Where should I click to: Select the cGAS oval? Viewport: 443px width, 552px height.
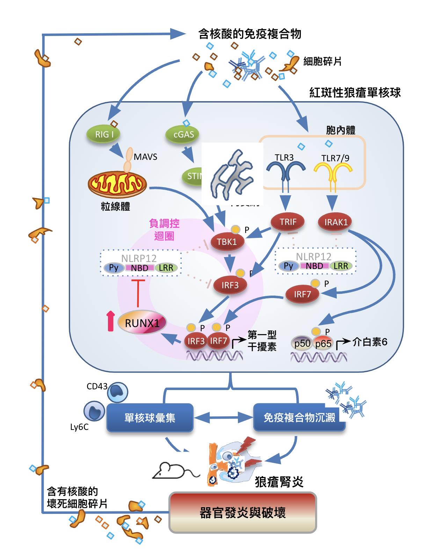click(183, 134)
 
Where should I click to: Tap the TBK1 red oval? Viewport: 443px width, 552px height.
click(227, 242)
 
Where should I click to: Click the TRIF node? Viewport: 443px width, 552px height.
click(288, 222)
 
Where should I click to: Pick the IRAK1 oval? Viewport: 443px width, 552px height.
click(336, 222)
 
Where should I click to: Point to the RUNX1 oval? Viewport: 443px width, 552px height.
click(142, 323)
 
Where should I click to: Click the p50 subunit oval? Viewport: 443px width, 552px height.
click(302, 343)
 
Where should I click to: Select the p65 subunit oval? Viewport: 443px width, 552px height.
click(323, 343)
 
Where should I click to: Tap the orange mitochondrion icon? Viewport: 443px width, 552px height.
click(117, 185)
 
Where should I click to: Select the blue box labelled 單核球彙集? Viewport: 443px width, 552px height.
click(150, 417)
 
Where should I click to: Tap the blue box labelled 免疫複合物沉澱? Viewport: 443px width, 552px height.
click(299, 417)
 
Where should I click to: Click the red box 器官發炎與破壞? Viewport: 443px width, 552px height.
click(242, 512)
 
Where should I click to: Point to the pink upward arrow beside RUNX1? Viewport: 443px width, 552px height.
click(111, 322)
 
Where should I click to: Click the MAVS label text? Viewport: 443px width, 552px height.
click(145, 157)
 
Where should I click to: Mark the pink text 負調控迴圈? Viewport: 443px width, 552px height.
click(164, 229)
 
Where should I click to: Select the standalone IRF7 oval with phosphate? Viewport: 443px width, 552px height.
click(302, 294)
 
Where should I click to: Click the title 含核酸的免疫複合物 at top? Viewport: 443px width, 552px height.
click(249, 34)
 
